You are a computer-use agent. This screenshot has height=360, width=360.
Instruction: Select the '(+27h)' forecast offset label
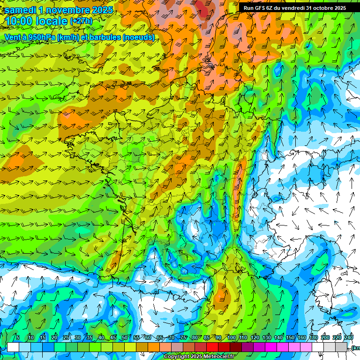pos(81,22)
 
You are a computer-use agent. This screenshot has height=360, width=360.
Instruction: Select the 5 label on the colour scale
pos(18,338)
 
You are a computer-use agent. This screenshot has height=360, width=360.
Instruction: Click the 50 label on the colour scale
pos(124,338)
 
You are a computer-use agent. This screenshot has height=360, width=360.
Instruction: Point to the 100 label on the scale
pos(231,338)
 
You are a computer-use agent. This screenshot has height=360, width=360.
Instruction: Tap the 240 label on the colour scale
pos(349,338)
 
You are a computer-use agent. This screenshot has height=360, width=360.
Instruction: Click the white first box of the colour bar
pos(13,347)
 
